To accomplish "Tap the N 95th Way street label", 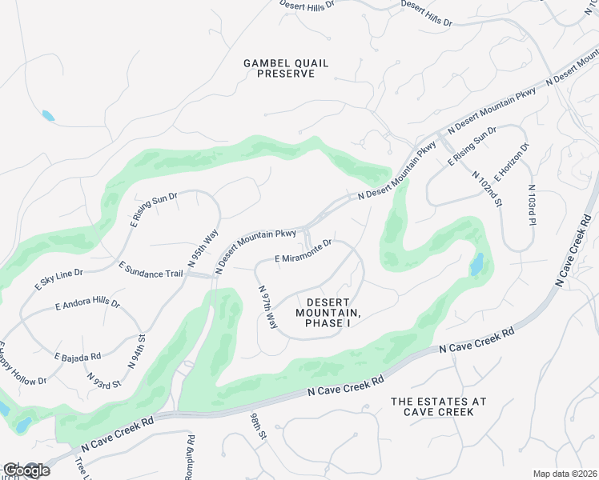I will click(203, 249).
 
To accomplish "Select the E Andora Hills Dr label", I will click(87, 305).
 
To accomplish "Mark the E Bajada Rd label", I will click(77, 356).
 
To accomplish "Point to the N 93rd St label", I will click(104, 380).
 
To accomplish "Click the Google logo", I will click(26, 470).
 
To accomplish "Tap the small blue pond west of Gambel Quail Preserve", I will click(49, 116).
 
